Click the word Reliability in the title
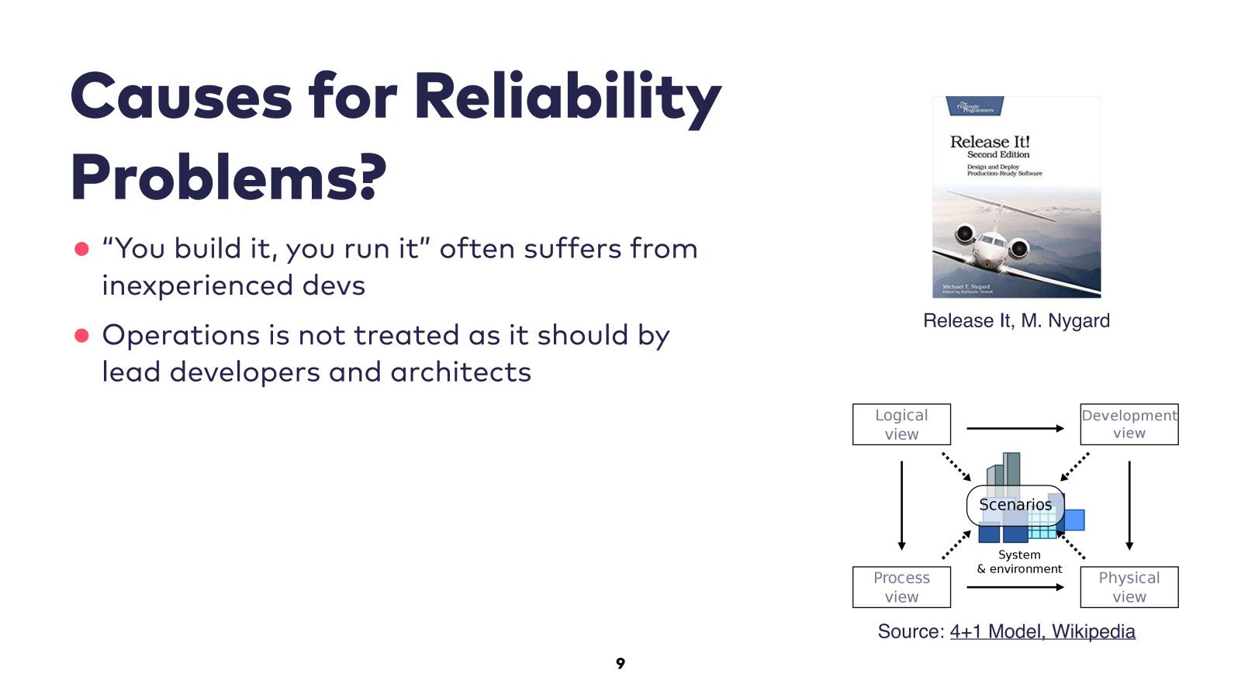coord(567,98)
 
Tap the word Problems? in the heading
coord(228,178)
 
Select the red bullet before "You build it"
coord(81,249)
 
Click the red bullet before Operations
coord(81,335)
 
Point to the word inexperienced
coord(198,285)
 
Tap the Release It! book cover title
coord(990,142)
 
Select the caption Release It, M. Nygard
coord(1016,321)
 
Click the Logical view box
coord(901,424)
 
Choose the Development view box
coord(1129,424)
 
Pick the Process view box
coord(901,587)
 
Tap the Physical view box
coord(1129,587)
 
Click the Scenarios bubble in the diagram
coord(1015,505)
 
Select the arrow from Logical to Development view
coord(1015,428)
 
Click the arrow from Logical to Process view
coord(901,504)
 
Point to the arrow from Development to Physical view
coord(1129,504)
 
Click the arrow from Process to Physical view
coord(1015,587)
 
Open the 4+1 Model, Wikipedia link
coord(1042,632)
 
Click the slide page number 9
coord(620,663)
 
